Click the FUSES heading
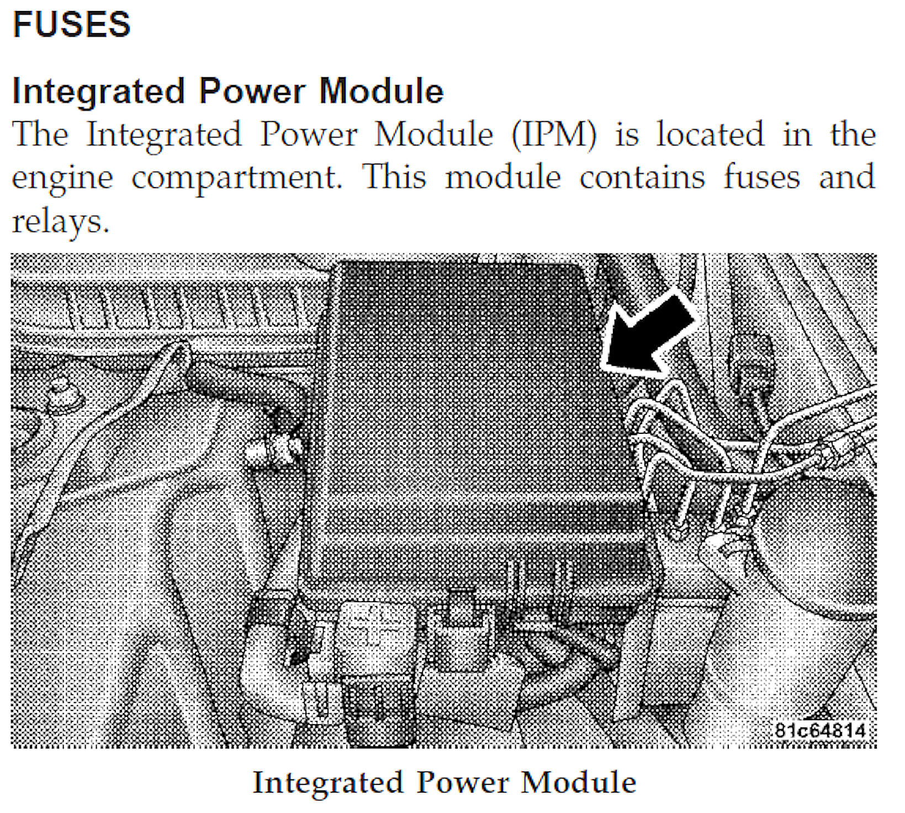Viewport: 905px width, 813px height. tap(71, 24)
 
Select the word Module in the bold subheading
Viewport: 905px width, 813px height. tap(382, 91)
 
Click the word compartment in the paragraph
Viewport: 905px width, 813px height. tap(237, 178)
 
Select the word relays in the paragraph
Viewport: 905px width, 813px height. tap(60, 222)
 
